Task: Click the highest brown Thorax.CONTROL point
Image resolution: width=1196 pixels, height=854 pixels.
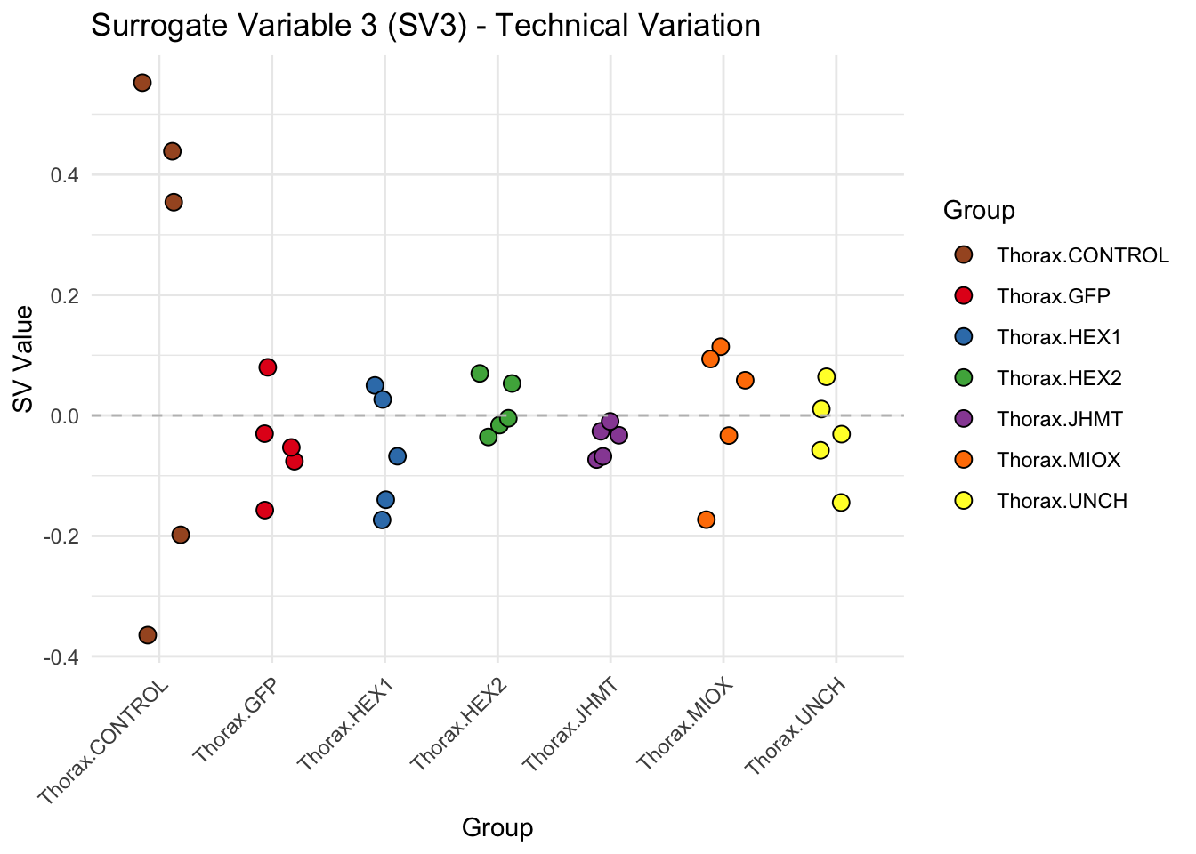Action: point(142,83)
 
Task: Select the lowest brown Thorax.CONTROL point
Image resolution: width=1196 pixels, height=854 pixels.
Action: point(148,635)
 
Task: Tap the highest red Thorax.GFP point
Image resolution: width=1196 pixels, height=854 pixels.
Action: point(268,367)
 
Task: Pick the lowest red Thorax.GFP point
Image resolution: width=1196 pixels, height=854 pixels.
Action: point(264,510)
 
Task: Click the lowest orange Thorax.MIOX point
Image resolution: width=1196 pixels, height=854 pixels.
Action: point(707,520)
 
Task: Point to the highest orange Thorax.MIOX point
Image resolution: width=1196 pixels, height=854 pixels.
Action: point(721,347)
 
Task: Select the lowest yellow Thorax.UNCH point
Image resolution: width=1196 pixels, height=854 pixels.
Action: point(841,503)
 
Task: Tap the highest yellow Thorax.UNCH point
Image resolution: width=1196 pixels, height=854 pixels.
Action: point(827,377)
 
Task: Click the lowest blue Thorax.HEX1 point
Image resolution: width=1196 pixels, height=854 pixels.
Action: point(382,520)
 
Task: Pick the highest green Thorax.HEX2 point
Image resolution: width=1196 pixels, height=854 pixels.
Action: point(480,374)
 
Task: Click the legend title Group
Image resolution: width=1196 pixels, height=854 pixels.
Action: point(979,211)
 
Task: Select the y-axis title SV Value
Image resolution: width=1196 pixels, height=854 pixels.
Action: point(24,359)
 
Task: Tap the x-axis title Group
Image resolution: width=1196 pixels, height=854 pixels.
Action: point(497,828)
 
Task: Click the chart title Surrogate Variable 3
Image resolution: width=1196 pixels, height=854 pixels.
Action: point(425,26)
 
